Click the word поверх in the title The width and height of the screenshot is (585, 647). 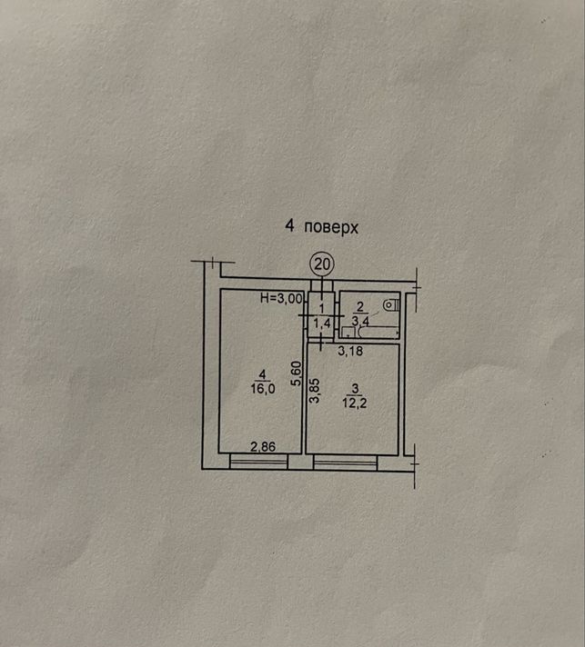tap(331, 227)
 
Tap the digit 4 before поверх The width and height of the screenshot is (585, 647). tap(289, 225)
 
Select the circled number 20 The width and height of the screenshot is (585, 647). tap(322, 264)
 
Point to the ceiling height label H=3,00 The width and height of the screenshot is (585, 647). tap(281, 298)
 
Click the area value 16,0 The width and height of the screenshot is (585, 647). tap(263, 388)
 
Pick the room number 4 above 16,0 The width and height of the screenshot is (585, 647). tap(262, 374)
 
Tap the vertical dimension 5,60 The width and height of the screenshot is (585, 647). tap(297, 373)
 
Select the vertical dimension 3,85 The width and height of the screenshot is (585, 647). tap(315, 391)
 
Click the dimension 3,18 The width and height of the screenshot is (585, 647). tap(350, 351)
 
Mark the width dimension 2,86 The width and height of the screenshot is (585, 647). tap(263, 446)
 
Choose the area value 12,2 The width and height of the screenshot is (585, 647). tap(355, 403)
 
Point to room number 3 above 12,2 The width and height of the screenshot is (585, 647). tap(355, 389)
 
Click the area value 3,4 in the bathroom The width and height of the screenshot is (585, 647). tap(360, 321)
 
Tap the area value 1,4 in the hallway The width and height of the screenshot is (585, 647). tap(322, 323)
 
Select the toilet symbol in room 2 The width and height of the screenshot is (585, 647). tap(390, 305)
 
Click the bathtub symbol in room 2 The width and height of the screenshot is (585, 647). tap(378, 333)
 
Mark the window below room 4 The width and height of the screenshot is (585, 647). tap(258, 462)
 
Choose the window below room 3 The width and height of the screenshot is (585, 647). tap(346, 463)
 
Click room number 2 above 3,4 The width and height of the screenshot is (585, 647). tap(360, 306)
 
